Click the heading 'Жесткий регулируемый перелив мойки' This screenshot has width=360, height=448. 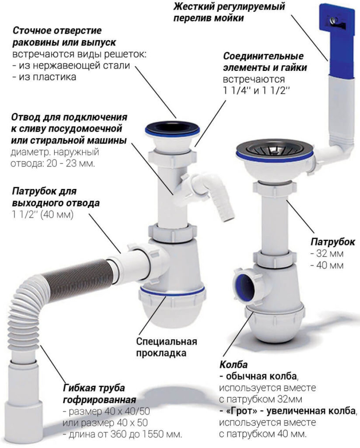pyautogui.click(x=229, y=13)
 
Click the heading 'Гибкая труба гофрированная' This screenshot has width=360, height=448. pyautogui.click(x=94, y=394)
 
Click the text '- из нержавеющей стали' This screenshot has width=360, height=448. pyautogui.click(x=71, y=66)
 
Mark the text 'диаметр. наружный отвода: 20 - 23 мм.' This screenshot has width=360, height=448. pyautogui.click(x=52, y=158)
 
